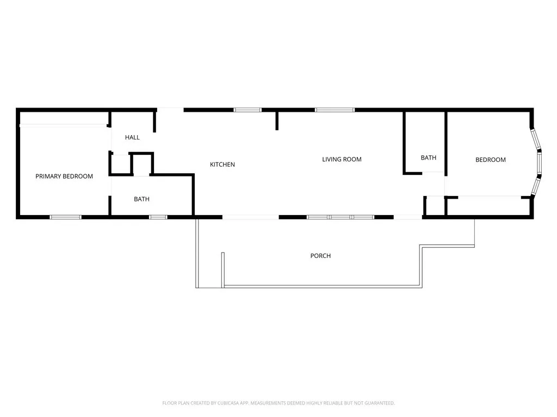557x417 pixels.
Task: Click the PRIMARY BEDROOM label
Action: (x=64, y=176)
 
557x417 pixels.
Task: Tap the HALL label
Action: (x=132, y=138)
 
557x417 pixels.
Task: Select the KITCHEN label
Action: (x=222, y=165)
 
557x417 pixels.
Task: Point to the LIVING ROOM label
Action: (x=342, y=160)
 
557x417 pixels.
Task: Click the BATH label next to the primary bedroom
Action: (x=141, y=199)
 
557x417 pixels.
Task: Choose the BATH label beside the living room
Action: (x=428, y=158)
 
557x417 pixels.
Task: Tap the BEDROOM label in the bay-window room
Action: (x=490, y=160)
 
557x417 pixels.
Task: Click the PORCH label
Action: (x=320, y=256)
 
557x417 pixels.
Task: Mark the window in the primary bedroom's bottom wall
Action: (x=65, y=217)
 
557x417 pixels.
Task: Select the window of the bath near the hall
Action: (x=158, y=217)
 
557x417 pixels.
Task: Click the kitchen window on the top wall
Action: (x=247, y=110)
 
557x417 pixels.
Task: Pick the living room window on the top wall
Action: (x=335, y=110)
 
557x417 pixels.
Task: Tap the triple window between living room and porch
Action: (x=341, y=217)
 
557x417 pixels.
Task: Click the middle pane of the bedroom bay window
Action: (x=539, y=163)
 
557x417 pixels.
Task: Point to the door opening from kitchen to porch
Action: (x=251, y=217)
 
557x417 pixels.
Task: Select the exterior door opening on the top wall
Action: (x=170, y=110)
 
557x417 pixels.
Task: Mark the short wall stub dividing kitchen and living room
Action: (x=277, y=121)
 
